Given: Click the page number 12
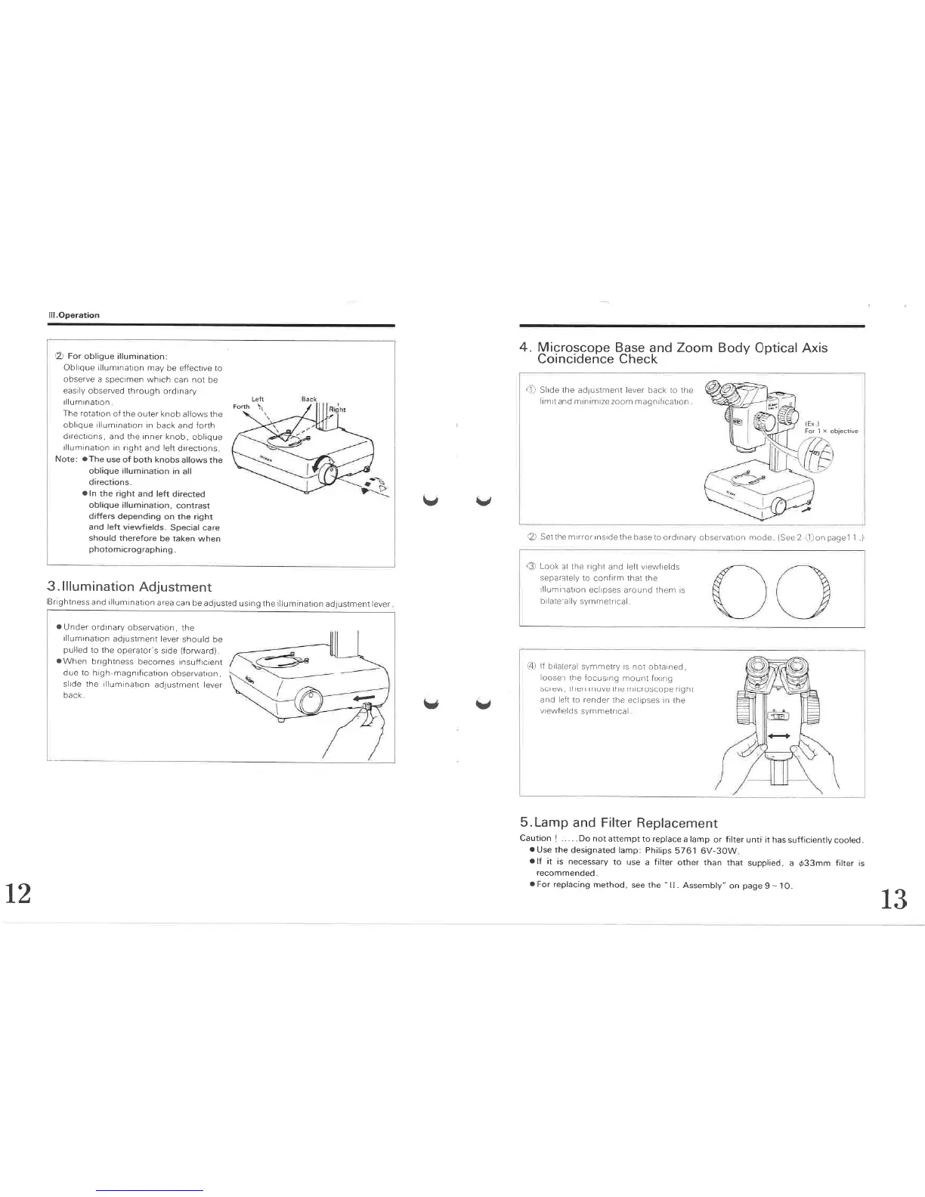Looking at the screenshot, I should [18, 894].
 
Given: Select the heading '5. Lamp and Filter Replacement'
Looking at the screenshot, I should [618, 823].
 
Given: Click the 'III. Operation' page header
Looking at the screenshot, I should [73, 315].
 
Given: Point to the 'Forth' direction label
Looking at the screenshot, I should [241, 407].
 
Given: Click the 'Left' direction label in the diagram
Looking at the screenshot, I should [257, 398].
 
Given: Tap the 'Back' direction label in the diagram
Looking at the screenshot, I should [309, 398].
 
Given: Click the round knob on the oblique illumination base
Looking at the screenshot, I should [329, 473].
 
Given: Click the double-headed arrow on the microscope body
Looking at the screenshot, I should [778, 735].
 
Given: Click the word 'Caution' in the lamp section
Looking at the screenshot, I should [535, 840].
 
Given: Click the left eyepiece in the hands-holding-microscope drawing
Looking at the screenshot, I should [756, 669].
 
